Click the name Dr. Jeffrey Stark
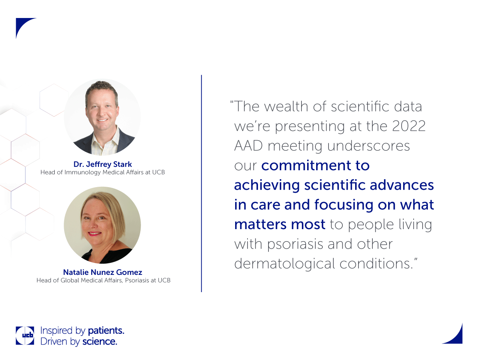click(102, 164)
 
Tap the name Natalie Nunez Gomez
click(102, 272)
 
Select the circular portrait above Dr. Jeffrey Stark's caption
click(102, 117)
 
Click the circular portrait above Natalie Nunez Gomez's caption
click(102, 225)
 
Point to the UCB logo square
click(25, 336)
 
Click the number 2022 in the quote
click(409, 126)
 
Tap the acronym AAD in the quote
click(248, 146)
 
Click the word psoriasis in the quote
click(295, 244)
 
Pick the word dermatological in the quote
click(285, 264)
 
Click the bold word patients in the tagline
click(106, 331)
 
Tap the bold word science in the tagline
click(100, 342)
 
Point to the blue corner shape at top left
click(23, 25)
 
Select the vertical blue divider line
click(201, 183)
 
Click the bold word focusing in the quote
click(344, 205)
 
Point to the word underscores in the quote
click(369, 146)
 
